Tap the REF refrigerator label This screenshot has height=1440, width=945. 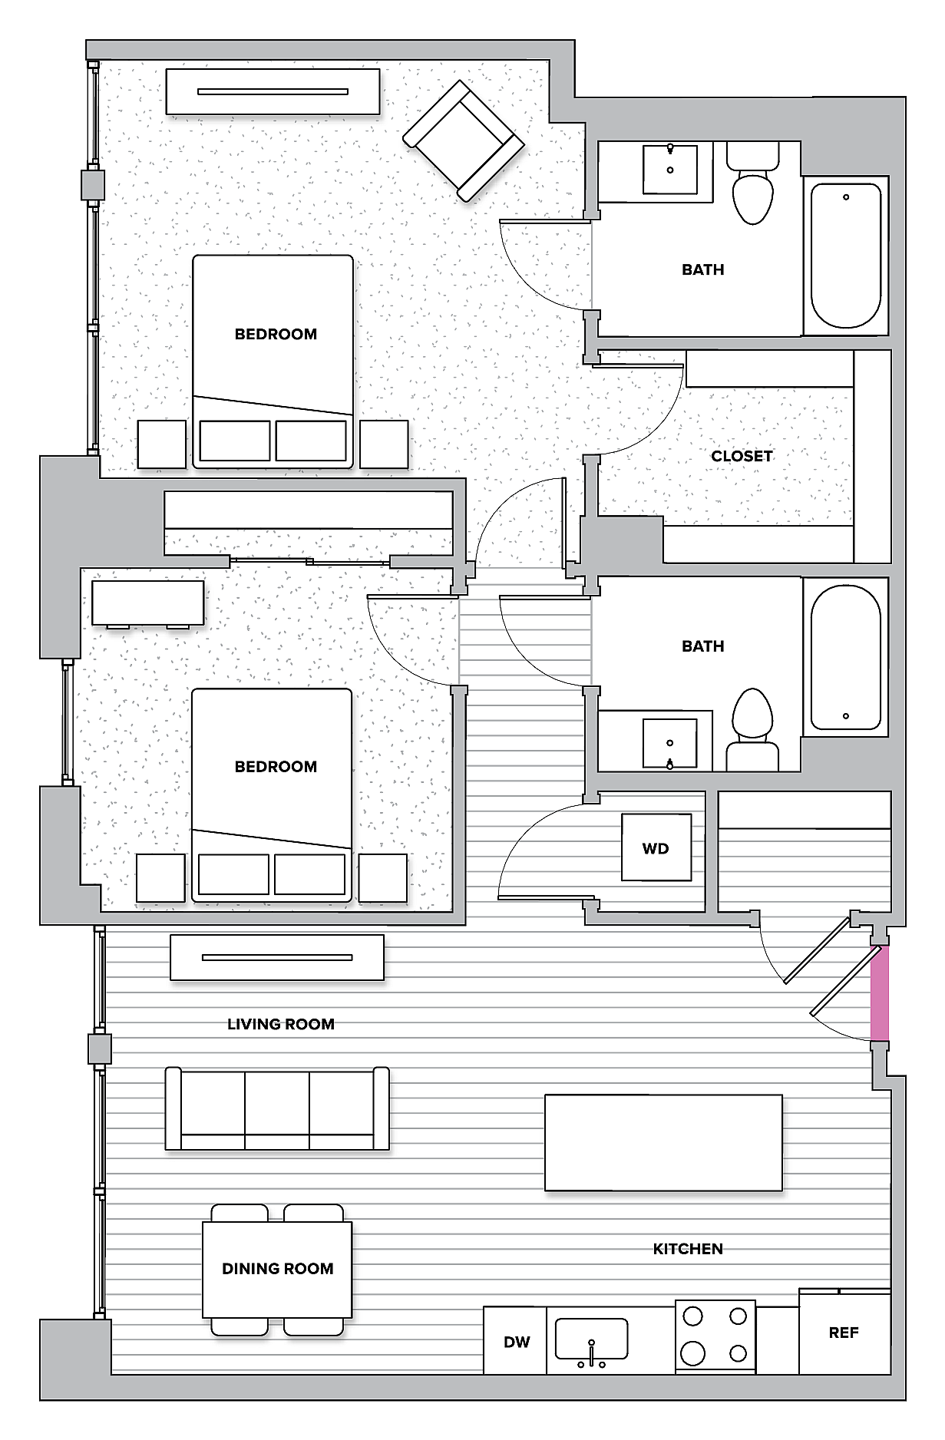(x=843, y=1333)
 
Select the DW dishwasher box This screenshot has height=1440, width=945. (x=516, y=1342)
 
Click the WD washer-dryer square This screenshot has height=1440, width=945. (x=656, y=848)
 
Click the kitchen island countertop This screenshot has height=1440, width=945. (x=663, y=1142)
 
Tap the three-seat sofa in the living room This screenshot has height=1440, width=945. (x=277, y=1108)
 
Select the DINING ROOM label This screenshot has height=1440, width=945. (x=277, y=1269)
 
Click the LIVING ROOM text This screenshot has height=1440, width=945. (x=280, y=1024)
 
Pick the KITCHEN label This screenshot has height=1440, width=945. (x=688, y=1249)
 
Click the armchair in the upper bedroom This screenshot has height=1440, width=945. (x=464, y=141)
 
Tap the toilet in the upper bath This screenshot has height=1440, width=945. (x=752, y=188)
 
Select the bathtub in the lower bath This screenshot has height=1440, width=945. (x=846, y=657)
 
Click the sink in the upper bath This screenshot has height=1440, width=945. (x=670, y=168)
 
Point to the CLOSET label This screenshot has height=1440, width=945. (x=742, y=456)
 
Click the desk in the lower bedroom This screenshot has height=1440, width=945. (x=147, y=603)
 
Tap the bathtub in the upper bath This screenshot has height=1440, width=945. (x=846, y=256)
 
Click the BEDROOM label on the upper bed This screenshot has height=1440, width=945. (x=276, y=334)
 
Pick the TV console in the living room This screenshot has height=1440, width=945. (x=276, y=957)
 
